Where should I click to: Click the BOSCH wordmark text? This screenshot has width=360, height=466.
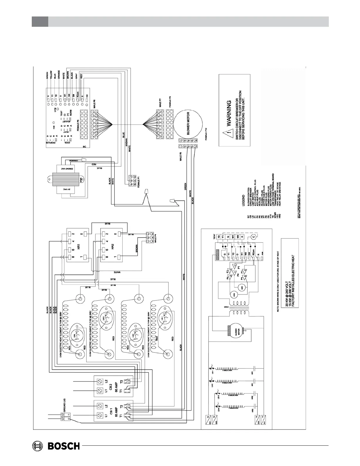[64, 446]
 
